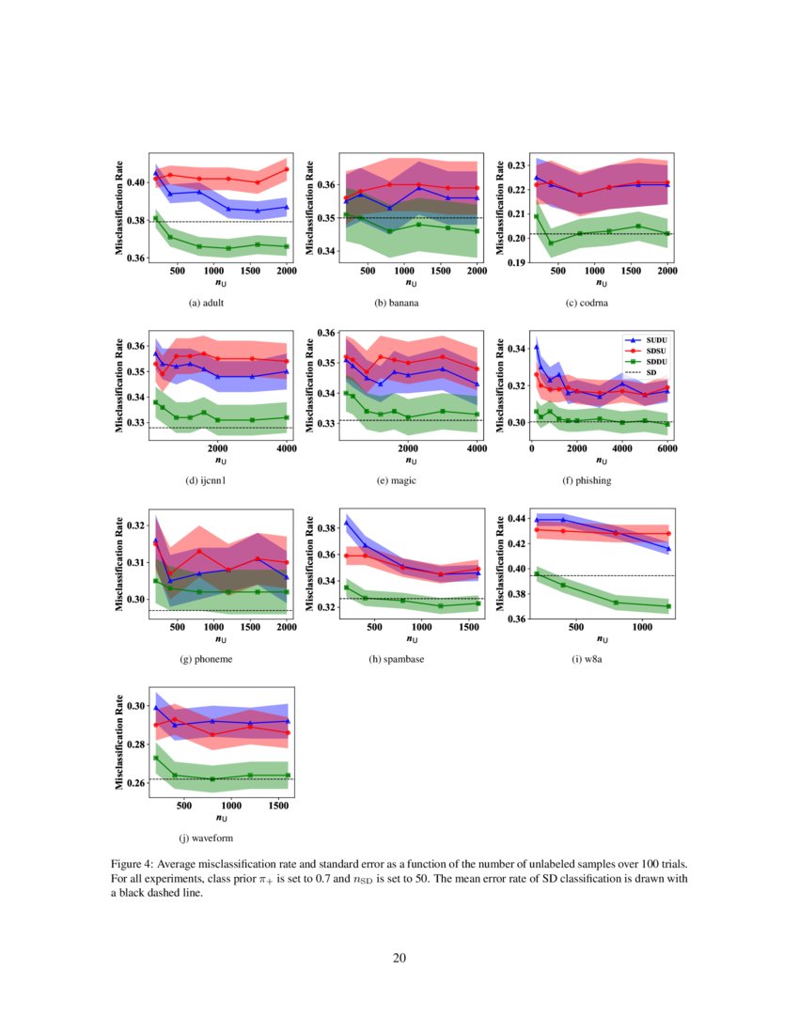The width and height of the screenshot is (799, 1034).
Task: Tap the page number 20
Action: pyautogui.click(x=399, y=958)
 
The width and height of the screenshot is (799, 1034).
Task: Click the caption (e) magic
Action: pyautogui.click(x=396, y=480)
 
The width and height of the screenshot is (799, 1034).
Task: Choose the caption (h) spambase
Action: pyautogui.click(x=396, y=659)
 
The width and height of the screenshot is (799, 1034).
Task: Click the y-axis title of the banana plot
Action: pyautogui.click(x=310, y=210)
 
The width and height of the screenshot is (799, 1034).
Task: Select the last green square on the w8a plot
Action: pyautogui.click(x=668, y=606)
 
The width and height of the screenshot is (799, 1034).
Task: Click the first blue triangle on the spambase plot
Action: pyautogui.click(x=346, y=523)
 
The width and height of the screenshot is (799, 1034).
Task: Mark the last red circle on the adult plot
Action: pyautogui.click(x=287, y=169)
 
